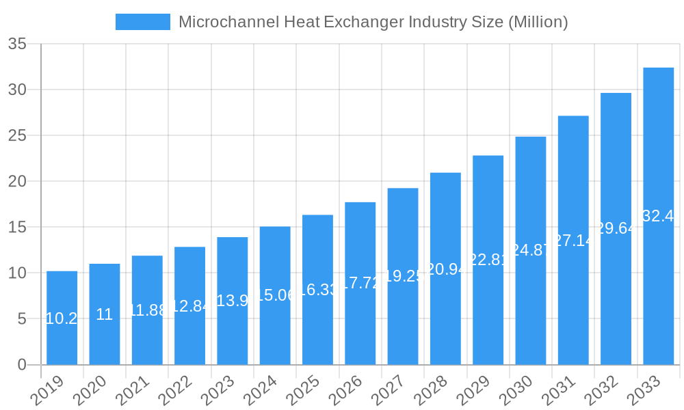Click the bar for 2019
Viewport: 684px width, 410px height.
click(x=62, y=318)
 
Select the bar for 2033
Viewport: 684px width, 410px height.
click(x=658, y=216)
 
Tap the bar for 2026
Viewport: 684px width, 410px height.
click(x=360, y=283)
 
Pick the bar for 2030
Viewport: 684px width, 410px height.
click(x=531, y=250)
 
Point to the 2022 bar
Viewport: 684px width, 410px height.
click(x=189, y=305)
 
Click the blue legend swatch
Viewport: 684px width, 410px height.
click(x=142, y=22)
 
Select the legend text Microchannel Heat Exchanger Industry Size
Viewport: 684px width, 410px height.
click(x=373, y=22)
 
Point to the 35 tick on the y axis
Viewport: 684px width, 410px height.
click(x=17, y=44)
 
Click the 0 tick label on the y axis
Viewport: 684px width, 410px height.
click(x=22, y=365)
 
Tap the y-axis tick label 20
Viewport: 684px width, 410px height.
click(x=17, y=182)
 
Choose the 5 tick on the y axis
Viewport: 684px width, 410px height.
click(x=22, y=319)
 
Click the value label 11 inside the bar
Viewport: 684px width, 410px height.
click(x=104, y=314)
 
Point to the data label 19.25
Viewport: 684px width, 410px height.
click(x=403, y=276)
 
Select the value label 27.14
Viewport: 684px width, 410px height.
click(x=573, y=241)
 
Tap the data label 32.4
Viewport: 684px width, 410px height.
click(x=658, y=216)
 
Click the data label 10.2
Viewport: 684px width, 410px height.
click(x=62, y=318)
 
